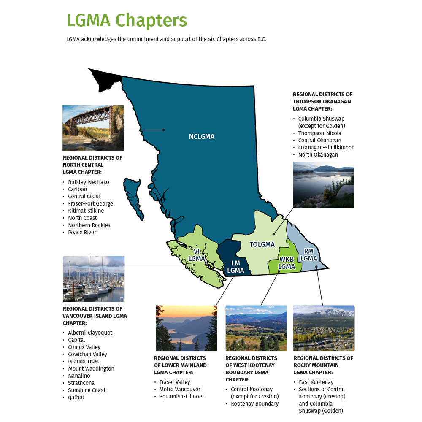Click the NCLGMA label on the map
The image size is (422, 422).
click(x=202, y=137)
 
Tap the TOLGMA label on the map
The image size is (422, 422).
click(x=262, y=244)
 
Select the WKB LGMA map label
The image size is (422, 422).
click(x=287, y=263)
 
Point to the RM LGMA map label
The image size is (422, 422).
click(x=309, y=254)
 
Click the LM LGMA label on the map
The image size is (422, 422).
click(x=235, y=267)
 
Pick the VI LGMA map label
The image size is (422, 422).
click(x=197, y=255)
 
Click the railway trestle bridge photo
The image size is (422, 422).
click(x=93, y=127)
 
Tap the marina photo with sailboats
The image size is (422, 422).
click(x=94, y=279)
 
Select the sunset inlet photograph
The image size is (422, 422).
click(x=187, y=328)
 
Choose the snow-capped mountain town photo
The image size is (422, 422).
click(x=324, y=328)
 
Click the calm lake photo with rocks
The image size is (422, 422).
click(x=324, y=185)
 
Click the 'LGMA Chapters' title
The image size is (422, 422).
click(x=127, y=20)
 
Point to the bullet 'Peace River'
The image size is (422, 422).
click(x=82, y=233)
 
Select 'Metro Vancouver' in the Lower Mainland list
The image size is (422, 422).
click(x=180, y=390)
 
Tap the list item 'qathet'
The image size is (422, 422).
click(x=76, y=398)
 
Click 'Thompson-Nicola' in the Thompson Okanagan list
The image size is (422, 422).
click(x=319, y=133)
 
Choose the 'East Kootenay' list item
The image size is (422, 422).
click(x=316, y=382)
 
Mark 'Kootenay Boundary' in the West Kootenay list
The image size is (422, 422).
click(x=254, y=404)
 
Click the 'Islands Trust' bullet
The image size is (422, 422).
click(x=84, y=362)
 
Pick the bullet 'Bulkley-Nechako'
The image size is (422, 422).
click(x=88, y=182)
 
